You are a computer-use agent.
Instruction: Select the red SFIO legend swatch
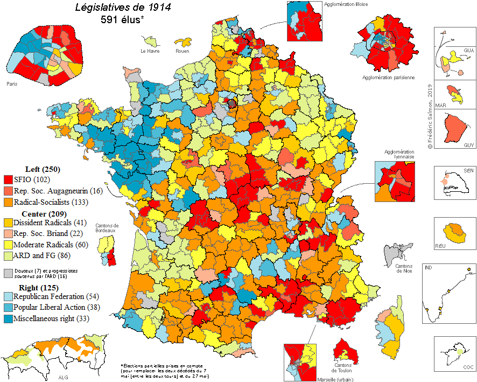(8, 179)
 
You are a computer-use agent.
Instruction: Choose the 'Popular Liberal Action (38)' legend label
(50, 307)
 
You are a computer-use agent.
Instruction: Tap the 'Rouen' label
(182, 52)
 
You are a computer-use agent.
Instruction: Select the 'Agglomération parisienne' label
(389, 78)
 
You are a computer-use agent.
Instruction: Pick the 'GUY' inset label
(468, 145)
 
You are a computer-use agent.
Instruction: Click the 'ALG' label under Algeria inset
(63, 377)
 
